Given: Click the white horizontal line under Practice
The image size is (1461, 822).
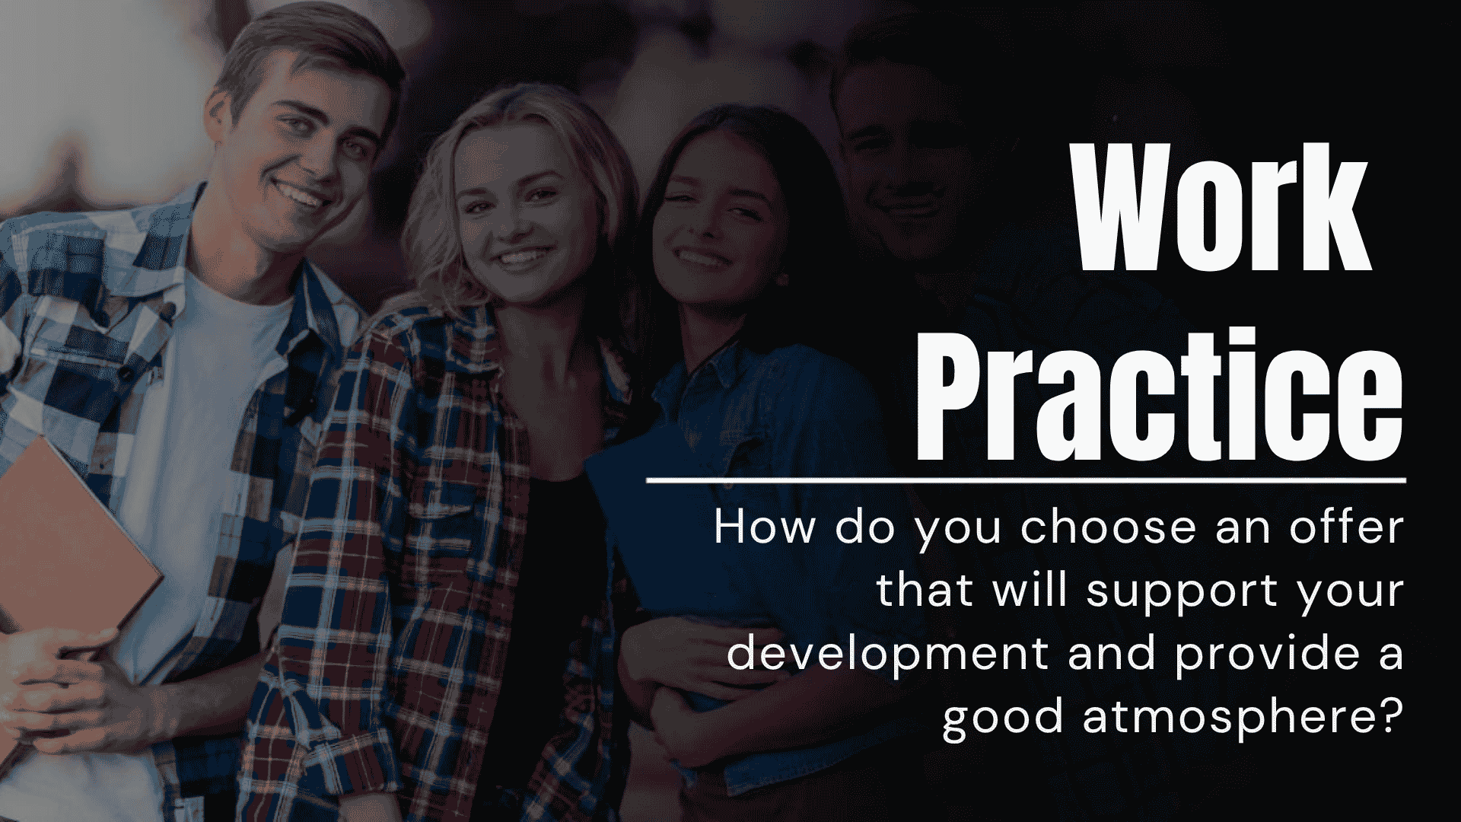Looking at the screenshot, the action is [x=1026, y=480].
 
